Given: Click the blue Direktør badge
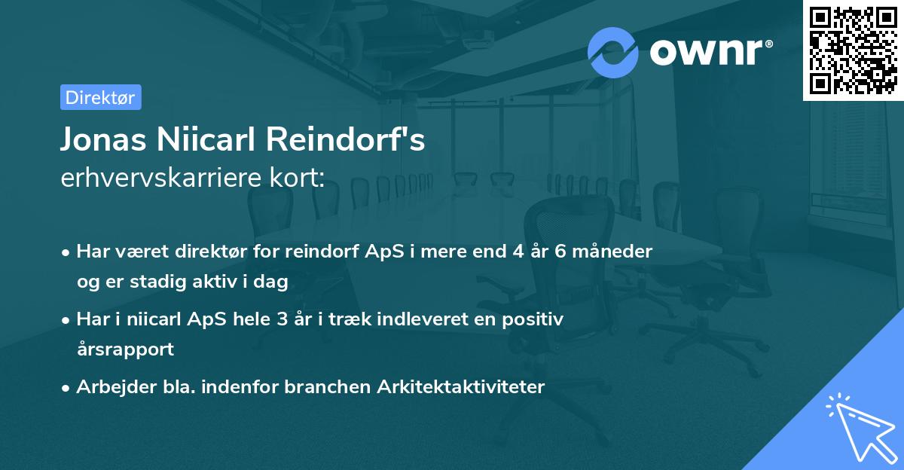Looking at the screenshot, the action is click(101, 97).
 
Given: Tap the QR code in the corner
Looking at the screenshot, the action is click(853, 50).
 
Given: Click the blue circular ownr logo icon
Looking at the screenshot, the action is click(613, 53).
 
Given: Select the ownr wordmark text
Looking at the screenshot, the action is click(711, 52).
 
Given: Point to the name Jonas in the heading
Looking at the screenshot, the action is click(103, 139).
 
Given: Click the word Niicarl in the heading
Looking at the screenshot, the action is click(206, 139).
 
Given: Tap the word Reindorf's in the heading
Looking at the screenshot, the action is click(346, 139).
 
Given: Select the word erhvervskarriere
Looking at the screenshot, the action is click(161, 177).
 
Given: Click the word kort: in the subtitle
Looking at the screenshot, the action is click(297, 177).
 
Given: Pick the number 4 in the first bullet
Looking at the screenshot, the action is click(518, 252).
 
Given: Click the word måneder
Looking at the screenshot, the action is click(612, 252).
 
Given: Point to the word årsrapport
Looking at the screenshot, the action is click(126, 349).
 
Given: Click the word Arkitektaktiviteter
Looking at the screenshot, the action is click(461, 387).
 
